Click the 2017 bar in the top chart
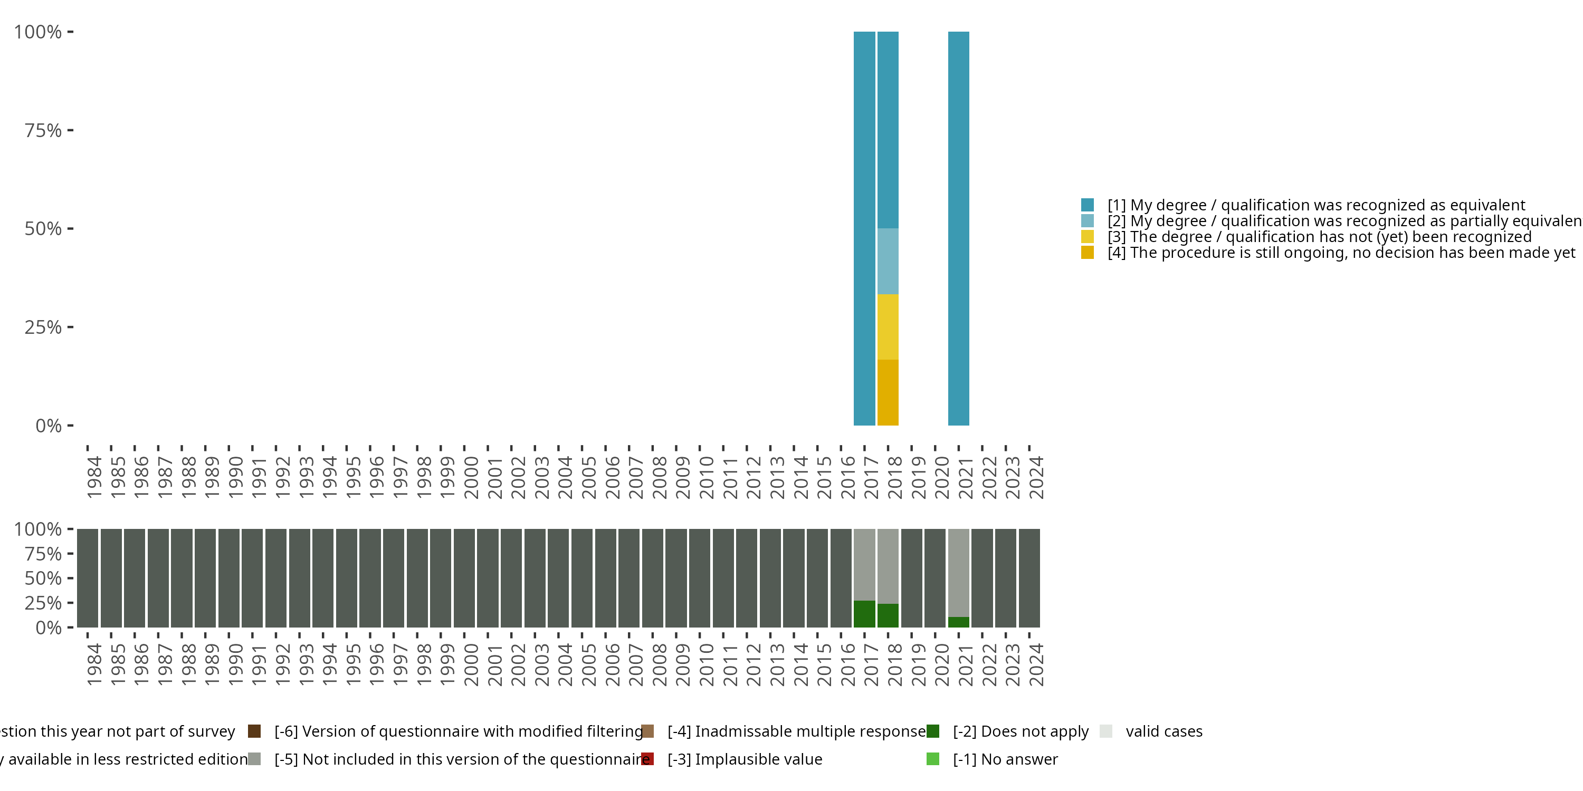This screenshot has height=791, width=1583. click(x=864, y=228)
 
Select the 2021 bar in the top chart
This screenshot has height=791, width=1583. click(x=958, y=228)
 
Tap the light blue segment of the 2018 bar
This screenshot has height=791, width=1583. click(x=888, y=261)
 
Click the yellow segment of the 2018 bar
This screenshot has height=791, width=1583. click(x=888, y=327)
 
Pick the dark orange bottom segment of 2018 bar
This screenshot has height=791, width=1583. click(x=888, y=392)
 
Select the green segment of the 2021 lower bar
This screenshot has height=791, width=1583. click(x=958, y=622)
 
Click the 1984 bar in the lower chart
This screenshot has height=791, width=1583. click(x=87, y=578)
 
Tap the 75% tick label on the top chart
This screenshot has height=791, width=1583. click(x=43, y=130)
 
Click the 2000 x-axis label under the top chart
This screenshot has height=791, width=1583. click(x=471, y=477)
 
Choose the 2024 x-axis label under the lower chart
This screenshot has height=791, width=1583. click(x=1036, y=664)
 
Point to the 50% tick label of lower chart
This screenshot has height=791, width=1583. click(x=43, y=578)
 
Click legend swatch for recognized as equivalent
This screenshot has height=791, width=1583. click(x=1087, y=205)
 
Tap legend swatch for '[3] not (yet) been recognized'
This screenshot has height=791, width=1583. click(x=1087, y=236)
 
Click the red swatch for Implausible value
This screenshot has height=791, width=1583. click(x=647, y=759)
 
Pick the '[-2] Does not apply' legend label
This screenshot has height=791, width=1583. click(x=1020, y=731)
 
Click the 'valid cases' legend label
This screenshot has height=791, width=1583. click(x=1164, y=731)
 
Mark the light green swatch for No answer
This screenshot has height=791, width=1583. click(x=932, y=759)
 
